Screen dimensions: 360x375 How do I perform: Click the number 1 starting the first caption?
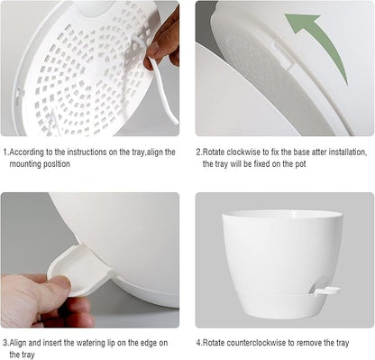[x=5, y=152]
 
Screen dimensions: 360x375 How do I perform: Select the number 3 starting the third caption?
[x=5, y=343]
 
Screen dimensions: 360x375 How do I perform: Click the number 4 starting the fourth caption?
[x=198, y=343]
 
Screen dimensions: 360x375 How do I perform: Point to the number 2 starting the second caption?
[x=198, y=152]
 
